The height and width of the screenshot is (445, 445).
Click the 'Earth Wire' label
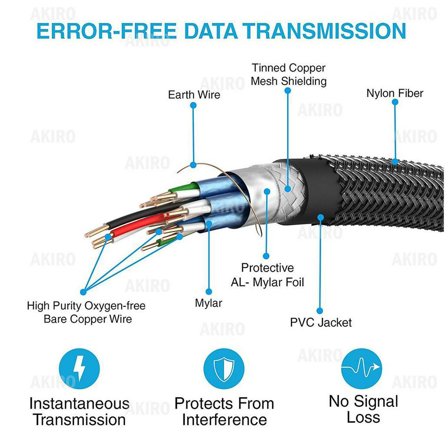[194, 94]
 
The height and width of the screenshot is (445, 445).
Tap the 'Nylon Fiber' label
[395, 93]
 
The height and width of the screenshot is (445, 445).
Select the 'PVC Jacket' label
[321, 322]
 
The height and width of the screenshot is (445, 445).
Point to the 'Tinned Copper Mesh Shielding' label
[289, 74]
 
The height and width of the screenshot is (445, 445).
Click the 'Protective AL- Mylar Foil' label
[267, 275]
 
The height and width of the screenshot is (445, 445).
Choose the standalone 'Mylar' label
[208, 303]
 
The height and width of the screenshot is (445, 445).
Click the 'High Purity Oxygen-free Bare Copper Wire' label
[86, 312]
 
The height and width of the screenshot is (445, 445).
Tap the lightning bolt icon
[79, 369]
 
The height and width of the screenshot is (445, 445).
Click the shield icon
[224, 369]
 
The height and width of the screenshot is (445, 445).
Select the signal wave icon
[361, 369]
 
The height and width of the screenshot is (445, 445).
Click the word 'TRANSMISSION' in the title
[324, 31]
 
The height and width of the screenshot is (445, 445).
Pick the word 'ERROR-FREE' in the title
[106, 31]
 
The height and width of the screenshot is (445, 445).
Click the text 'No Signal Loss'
[363, 409]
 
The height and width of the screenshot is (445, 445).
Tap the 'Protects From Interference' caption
[224, 412]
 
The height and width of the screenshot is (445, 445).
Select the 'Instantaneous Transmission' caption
[79, 412]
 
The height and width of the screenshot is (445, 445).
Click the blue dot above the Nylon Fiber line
[395, 102]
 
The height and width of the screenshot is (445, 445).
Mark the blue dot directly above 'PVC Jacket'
[320, 311]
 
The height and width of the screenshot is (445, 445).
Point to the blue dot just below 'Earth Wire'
[193, 105]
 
